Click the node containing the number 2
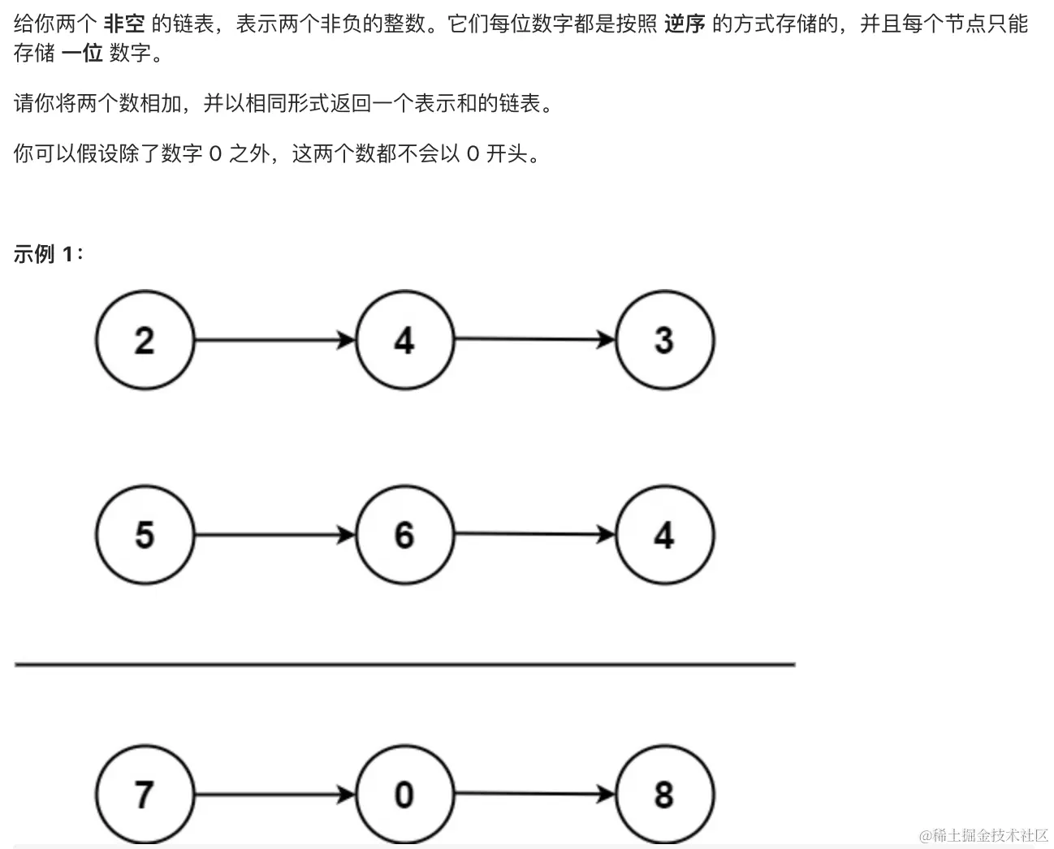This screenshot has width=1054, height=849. click(x=145, y=339)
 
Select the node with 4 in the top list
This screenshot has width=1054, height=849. click(x=404, y=339)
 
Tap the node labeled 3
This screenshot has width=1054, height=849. click(x=664, y=339)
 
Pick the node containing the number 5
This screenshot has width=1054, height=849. click(x=145, y=535)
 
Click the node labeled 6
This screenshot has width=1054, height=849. click(x=404, y=535)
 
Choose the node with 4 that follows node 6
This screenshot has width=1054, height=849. click(x=664, y=535)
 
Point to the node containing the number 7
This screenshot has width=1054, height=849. click(x=145, y=795)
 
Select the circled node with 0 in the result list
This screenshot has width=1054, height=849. click(x=404, y=795)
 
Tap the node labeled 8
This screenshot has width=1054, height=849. click(x=664, y=795)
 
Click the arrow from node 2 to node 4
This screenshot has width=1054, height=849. click(x=274, y=339)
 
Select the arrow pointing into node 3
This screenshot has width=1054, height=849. click(x=534, y=339)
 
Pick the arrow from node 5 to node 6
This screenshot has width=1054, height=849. click(x=274, y=535)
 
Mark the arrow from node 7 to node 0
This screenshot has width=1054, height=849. click(x=274, y=795)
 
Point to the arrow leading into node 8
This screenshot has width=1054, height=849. click(x=534, y=795)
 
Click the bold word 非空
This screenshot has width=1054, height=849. click(x=123, y=24)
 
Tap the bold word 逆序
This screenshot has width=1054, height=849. click(x=684, y=24)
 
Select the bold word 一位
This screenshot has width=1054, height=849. click(x=82, y=54)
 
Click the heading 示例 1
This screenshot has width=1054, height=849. click(x=48, y=254)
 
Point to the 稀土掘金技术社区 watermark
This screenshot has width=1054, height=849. click(x=984, y=835)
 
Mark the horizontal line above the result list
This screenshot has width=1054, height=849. click(x=404, y=665)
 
